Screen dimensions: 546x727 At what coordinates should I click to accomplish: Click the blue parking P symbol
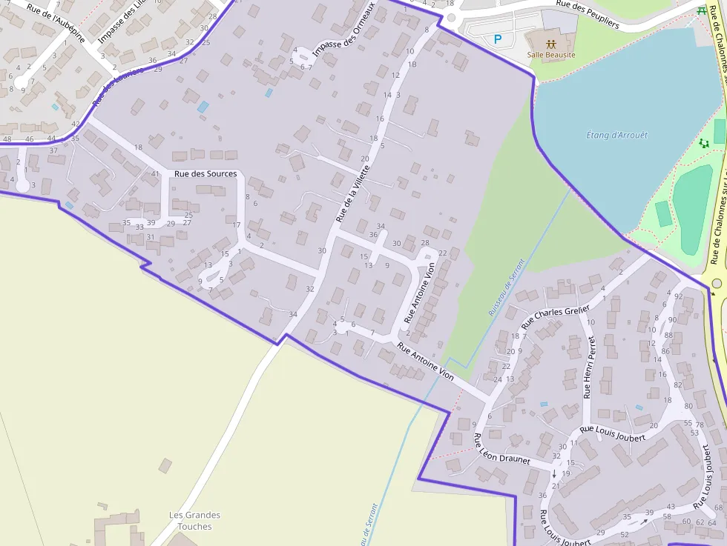(498, 39)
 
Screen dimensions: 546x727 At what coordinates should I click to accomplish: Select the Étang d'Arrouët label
(616, 136)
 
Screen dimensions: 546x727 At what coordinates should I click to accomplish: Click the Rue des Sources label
(205, 174)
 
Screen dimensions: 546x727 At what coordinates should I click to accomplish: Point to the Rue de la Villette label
(352, 193)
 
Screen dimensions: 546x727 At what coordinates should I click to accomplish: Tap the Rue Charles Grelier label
(556, 317)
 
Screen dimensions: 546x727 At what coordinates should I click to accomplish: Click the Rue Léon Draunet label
(501, 449)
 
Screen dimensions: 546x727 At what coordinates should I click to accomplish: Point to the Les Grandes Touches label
(194, 521)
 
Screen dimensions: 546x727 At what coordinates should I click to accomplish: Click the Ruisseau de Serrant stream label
(506, 287)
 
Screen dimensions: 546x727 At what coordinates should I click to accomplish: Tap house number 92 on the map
(678, 296)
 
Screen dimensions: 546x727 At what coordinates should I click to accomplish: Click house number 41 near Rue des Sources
(155, 174)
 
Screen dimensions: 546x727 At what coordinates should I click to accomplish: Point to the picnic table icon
(702, 10)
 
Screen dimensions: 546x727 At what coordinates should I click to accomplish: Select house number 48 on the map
(7, 139)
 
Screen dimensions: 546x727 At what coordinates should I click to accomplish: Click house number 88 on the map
(668, 335)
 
